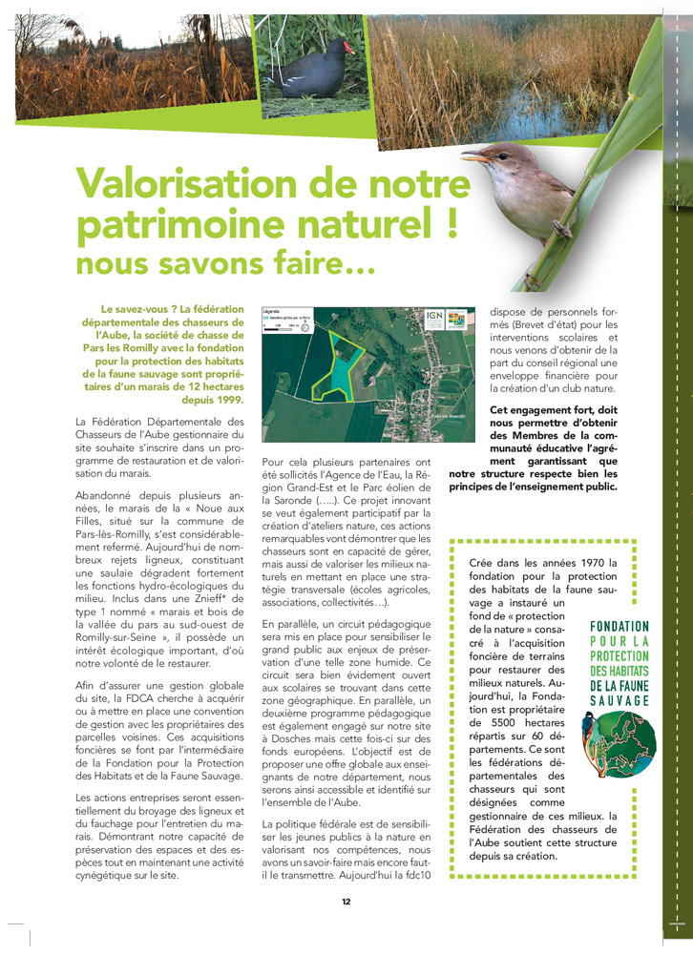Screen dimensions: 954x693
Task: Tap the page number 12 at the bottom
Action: point(346,901)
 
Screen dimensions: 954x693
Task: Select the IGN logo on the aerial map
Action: point(434,317)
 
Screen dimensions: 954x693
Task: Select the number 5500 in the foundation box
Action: point(505,723)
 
